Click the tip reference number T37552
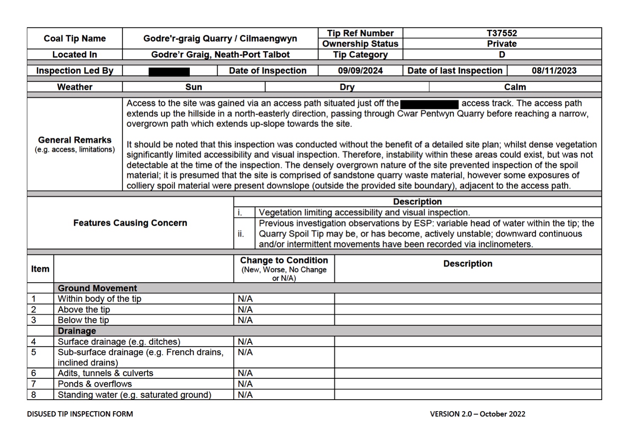coord(502,33)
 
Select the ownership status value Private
coord(502,44)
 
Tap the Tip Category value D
coord(502,55)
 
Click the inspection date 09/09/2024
coord(360,71)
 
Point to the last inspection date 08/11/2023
coord(554,71)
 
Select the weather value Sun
coord(194,87)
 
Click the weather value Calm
coord(515,87)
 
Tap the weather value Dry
coord(347,87)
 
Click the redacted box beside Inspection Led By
coord(169,72)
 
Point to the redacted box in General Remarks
coord(430,104)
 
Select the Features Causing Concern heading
coord(130,223)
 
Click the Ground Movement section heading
coord(97,288)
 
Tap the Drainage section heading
coord(77,331)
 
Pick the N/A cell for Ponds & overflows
coord(245,384)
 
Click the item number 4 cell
coord(34,342)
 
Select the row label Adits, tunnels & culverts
coord(105,373)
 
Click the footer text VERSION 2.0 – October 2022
coord(477,414)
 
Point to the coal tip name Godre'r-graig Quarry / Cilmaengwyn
coord(220,38)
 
